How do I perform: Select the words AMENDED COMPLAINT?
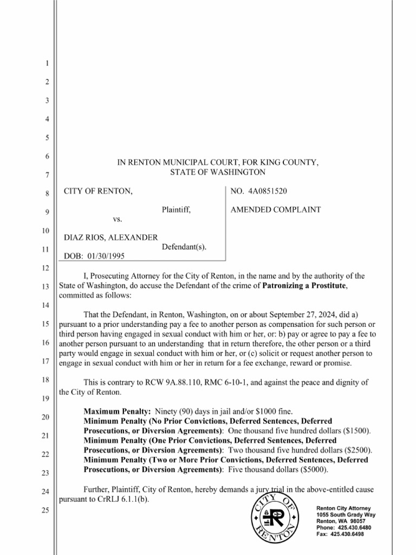(x=276, y=210)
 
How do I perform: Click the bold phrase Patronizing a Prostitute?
(x=304, y=286)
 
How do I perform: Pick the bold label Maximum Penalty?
(x=118, y=411)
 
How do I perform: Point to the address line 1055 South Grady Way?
(x=345, y=514)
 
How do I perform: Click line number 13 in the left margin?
(x=47, y=286)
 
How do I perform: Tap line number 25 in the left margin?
(x=47, y=510)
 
